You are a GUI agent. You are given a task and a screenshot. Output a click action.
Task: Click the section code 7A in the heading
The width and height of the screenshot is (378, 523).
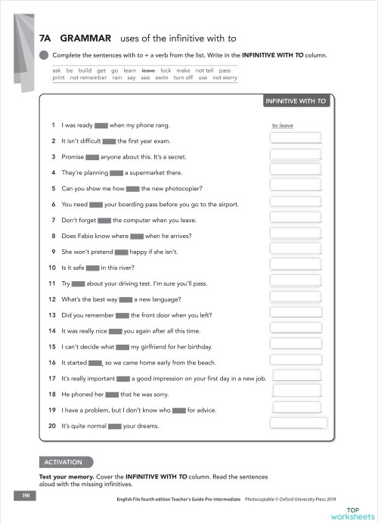pyautogui.click(x=45, y=36)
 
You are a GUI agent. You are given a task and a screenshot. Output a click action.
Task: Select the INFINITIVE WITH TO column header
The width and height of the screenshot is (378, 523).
pyautogui.click(x=295, y=101)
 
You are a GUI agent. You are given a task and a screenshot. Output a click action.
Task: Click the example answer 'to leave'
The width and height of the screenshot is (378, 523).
pyautogui.click(x=282, y=125)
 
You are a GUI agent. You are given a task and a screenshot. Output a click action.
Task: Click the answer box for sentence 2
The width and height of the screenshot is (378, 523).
pyautogui.click(x=295, y=139)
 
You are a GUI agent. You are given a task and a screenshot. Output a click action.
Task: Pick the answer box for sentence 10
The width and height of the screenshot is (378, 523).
pyautogui.click(x=296, y=265)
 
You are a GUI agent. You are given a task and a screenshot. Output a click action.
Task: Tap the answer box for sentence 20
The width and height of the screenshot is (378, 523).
pyautogui.click(x=298, y=423)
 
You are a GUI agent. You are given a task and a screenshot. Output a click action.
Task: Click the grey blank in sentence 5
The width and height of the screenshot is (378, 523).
pyautogui.click(x=132, y=188)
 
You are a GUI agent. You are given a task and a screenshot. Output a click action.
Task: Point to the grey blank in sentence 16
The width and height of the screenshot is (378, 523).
pyautogui.click(x=94, y=363)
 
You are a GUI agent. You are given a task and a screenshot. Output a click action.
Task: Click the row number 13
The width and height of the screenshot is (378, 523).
pyautogui.click(x=52, y=315)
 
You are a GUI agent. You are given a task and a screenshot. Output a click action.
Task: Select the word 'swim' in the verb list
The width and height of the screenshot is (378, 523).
pyautogui.click(x=163, y=77)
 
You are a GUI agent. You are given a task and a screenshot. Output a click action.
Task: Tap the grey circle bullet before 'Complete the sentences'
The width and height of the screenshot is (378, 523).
pyautogui.click(x=44, y=54)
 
